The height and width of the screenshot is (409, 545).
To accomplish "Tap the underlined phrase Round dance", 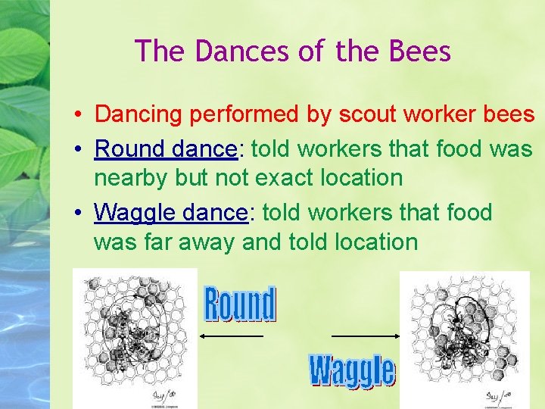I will (x=166, y=148).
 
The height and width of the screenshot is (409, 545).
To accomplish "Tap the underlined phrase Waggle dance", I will (x=171, y=212).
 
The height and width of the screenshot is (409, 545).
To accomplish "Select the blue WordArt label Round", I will (x=240, y=304).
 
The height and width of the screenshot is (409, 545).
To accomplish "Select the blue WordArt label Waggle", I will (x=352, y=370).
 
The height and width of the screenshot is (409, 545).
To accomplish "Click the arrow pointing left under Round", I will (x=231, y=336).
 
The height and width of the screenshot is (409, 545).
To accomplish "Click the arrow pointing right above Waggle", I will (x=366, y=336).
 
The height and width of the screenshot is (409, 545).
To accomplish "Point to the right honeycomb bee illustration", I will (x=464, y=334).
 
